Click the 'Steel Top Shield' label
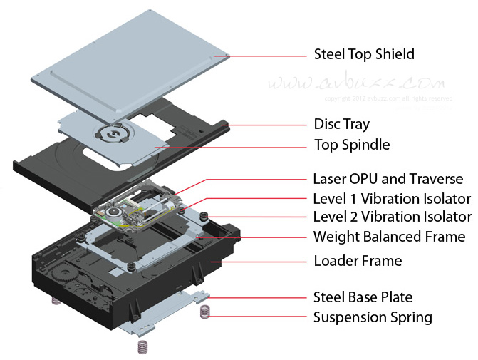pyautogui.click(x=364, y=54)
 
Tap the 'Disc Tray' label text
pyautogui.click(x=341, y=124)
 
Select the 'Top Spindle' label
pyautogui.click(x=351, y=145)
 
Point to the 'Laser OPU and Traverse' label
pyautogui.click(x=388, y=179)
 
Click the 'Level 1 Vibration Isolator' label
pyautogui.click(x=392, y=198)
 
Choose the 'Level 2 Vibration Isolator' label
pyautogui.click(x=392, y=217)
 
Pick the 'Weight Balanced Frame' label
pyautogui.click(x=389, y=237)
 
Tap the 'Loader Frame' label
pyautogui.click(x=358, y=261)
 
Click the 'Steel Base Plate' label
pyautogui.click(x=363, y=297)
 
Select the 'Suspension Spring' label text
pyautogui.click(x=373, y=317)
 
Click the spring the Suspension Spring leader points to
pyautogui.click(x=206, y=312)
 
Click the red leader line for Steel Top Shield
pyautogui.click(x=264, y=54)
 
